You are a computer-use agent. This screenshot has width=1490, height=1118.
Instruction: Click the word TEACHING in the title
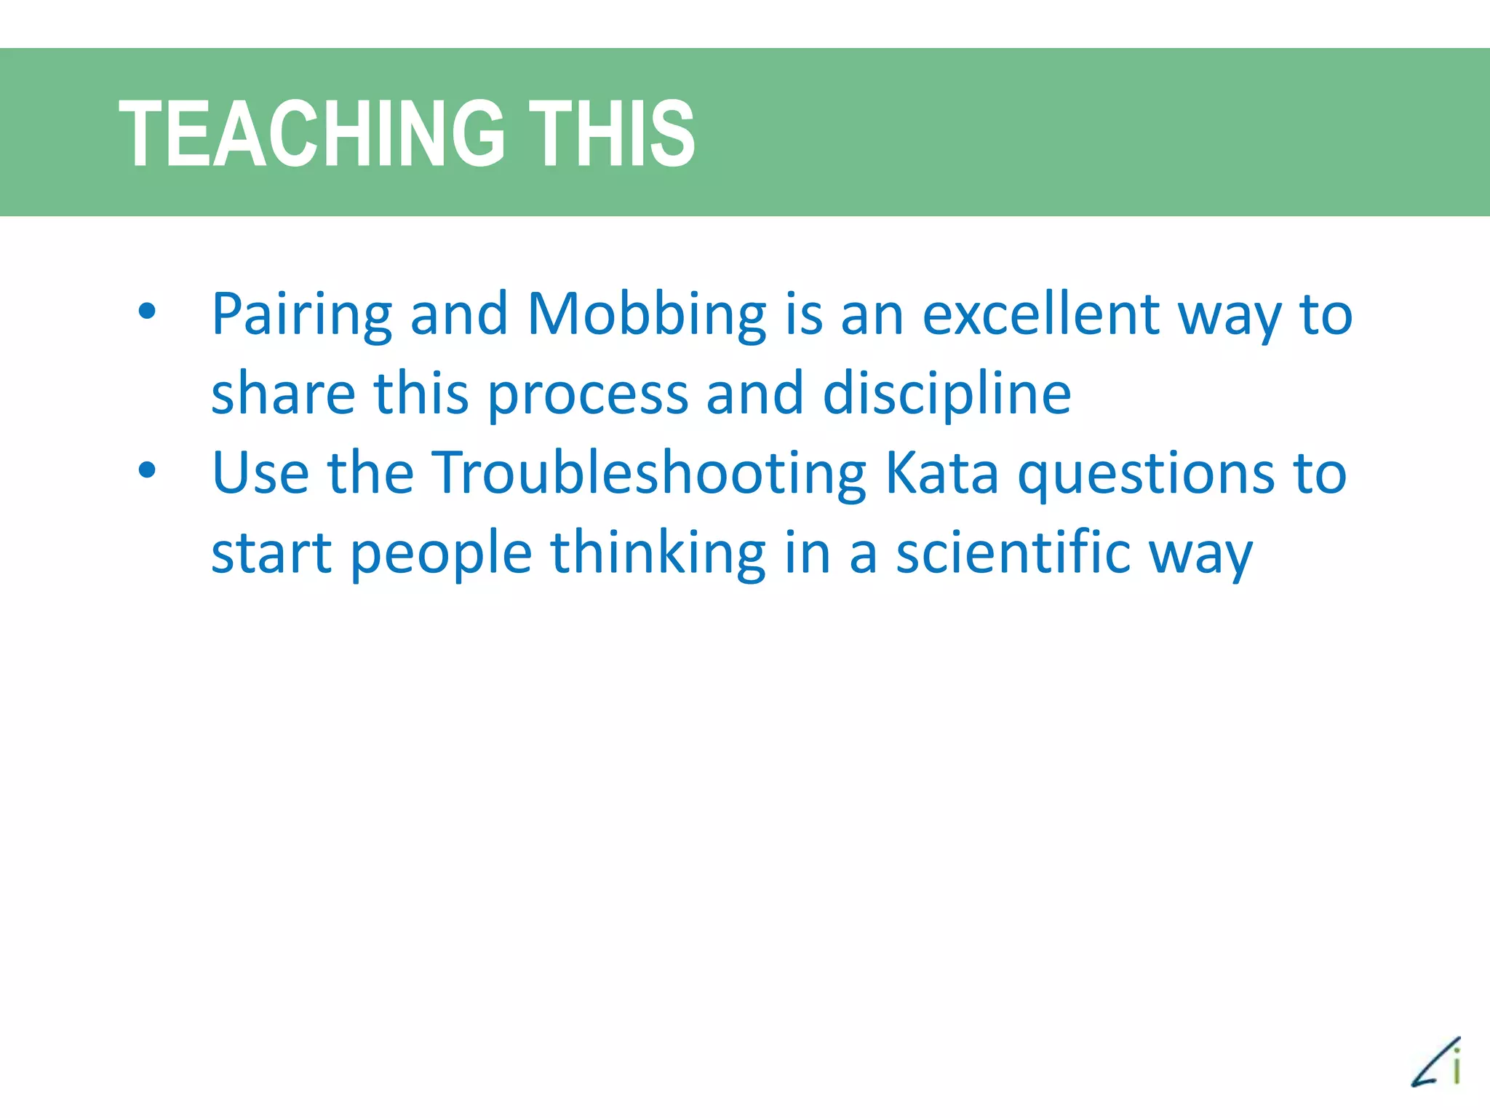click(311, 133)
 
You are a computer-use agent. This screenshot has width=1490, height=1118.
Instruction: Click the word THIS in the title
click(611, 133)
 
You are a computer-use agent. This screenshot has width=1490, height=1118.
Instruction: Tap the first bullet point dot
click(147, 312)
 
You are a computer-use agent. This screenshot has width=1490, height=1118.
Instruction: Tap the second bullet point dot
click(147, 470)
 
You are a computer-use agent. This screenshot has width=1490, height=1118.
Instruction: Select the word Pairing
click(301, 314)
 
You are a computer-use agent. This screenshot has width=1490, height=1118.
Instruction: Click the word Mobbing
click(646, 314)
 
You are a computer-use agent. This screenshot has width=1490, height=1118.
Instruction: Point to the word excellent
click(1040, 314)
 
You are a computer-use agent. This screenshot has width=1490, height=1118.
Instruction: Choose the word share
click(283, 394)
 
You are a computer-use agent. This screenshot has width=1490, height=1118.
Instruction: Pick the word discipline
click(947, 394)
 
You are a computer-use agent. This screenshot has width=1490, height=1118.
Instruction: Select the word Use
click(260, 473)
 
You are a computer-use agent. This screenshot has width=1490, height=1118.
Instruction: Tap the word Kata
click(942, 473)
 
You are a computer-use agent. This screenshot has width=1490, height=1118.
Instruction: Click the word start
click(271, 553)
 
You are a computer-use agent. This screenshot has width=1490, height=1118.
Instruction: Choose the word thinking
click(658, 553)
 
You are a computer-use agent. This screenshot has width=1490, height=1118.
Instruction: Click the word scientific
click(1013, 552)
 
